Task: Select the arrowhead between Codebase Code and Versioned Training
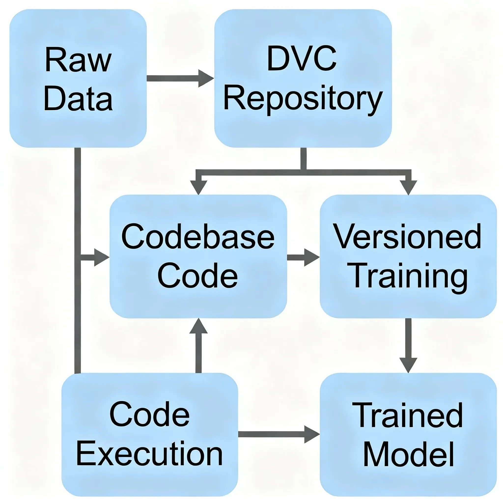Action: (x=311, y=257)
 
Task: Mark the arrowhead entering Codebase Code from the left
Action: (x=101, y=257)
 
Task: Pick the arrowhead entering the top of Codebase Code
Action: (x=198, y=187)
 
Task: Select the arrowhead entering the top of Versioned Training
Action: (x=408, y=187)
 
